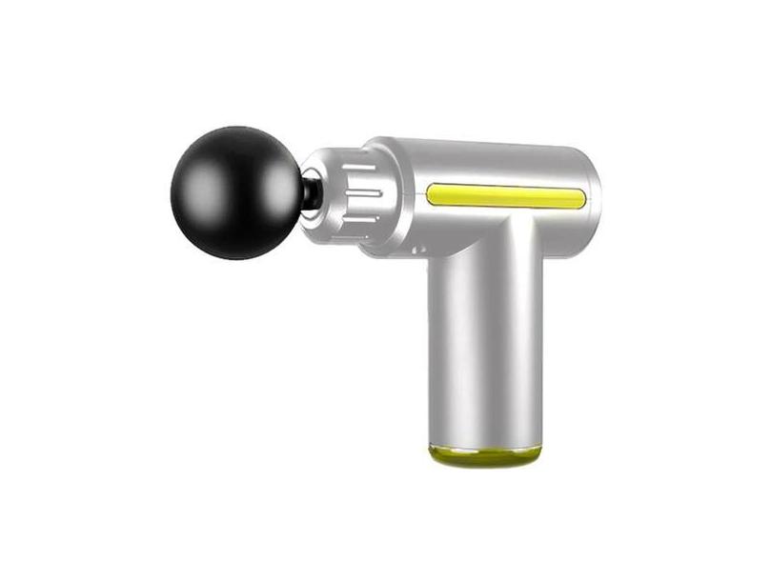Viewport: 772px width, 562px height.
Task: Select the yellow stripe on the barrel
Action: (x=505, y=196)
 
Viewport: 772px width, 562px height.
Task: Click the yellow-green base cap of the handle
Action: (x=484, y=454)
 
